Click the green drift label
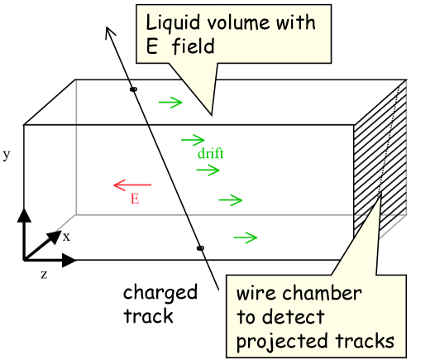(210, 154)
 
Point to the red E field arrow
(132, 185)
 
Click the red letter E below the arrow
(134, 199)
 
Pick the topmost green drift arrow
(170, 103)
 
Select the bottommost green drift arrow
(246, 238)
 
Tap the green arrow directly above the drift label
(193, 140)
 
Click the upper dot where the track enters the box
(133, 89)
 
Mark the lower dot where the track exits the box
(199, 247)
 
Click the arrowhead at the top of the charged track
(109, 31)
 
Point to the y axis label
(7, 155)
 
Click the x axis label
(67, 237)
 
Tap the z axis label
(44, 273)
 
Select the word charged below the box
(160, 293)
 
